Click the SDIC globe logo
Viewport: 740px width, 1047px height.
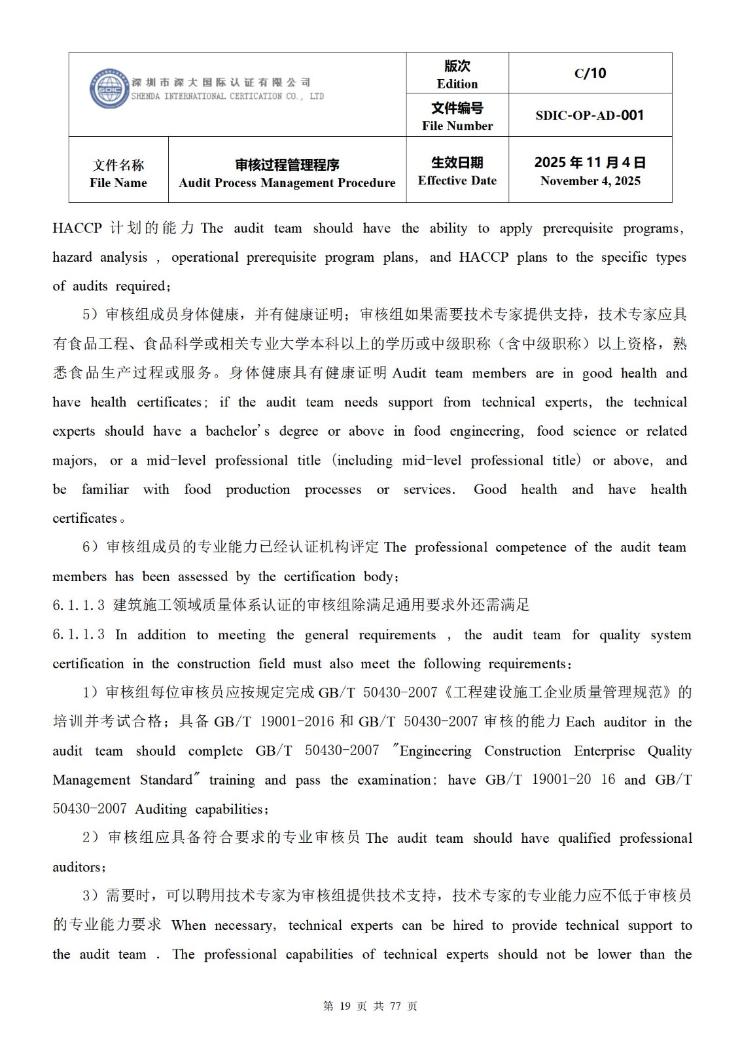coord(109,88)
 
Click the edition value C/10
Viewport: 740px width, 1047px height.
coord(590,73)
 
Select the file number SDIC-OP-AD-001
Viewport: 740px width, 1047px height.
coord(590,115)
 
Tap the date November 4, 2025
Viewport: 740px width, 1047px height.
coord(590,181)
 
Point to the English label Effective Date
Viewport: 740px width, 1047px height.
coord(457,181)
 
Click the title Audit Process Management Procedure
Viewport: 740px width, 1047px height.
coord(287,183)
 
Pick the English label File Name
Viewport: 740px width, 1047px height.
coord(118,183)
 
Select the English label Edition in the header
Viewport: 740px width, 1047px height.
coord(457,84)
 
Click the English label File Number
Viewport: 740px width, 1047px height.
coord(457,126)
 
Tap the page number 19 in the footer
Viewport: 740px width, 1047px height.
coord(346,1006)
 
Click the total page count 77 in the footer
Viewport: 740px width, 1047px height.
coord(395,1006)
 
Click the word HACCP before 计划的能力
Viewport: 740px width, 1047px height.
coord(77,228)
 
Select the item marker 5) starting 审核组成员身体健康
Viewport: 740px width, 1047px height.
coord(90,315)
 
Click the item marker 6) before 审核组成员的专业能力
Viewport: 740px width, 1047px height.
coord(90,547)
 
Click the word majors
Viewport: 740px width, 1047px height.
coord(74,461)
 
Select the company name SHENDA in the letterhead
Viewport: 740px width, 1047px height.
coord(145,96)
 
